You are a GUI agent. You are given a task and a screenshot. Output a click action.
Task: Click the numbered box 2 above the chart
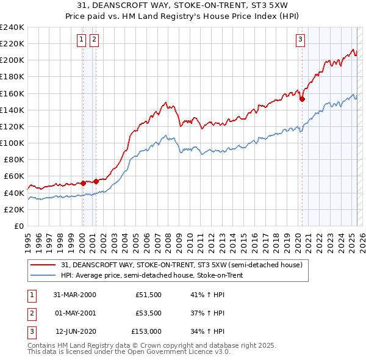tap(94, 40)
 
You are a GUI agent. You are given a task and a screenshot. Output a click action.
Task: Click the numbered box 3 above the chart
tap(301, 40)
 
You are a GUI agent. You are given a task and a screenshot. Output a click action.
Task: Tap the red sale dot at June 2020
tap(302, 99)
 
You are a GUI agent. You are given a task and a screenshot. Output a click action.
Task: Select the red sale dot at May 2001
tap(96, 181)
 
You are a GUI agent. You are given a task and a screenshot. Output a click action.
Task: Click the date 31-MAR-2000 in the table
tap(74, 295)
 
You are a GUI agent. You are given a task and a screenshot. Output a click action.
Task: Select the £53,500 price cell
tap(148, 314)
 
